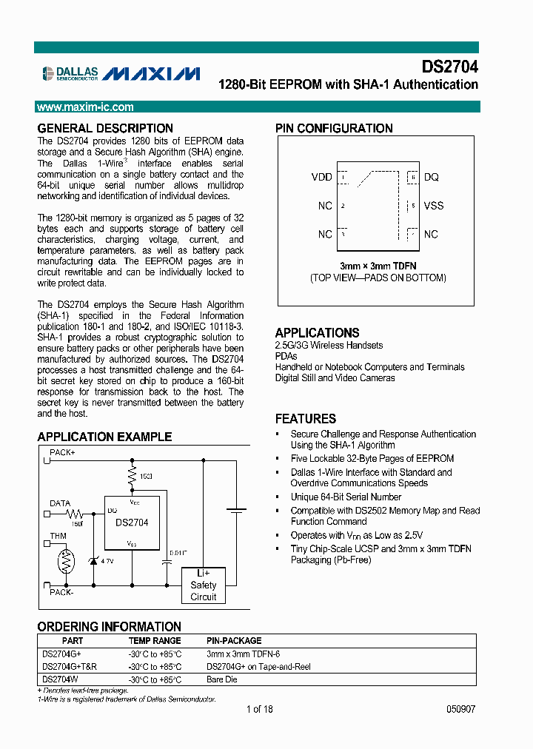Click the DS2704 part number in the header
pyautogui.click(x=449, y=67)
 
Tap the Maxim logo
pyautogui.click(x=151, y=73)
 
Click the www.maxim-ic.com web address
pyautogui.click(x=85, y=107)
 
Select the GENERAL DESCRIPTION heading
pyautogui.click(x=105, y=128)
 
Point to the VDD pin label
pyautogui.click(x=321, y=178)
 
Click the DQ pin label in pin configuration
pyautogui.click(x=431, y=178)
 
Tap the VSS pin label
pyautogui.click(x=434, y=206)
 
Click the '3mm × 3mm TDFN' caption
pyautogui.click(x=377, y=266)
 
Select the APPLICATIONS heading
pyautogui.click(x=317, y=333)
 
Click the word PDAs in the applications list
pyautogui.click(x=286, y=356)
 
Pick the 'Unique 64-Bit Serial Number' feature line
pyautogui.click(x=346, y=497)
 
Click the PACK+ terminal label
pyautogui.click(x=62, y=451)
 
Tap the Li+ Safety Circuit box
pyautogui.click(x=204, y=585)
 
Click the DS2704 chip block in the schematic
pyautogui.click(x=131, y=522)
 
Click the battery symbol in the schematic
pyautogui.click(x=236, y=511)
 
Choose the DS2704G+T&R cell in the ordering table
pyautogui.click(x=70, y=666)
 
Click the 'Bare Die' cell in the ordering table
pyautogui.click(x=221, y=679)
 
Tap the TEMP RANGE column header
pyautogui.click(x=154, y=640)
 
